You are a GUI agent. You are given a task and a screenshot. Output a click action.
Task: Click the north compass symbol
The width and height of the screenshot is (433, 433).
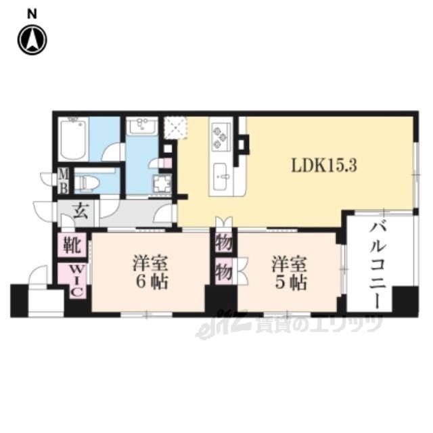point(32,40)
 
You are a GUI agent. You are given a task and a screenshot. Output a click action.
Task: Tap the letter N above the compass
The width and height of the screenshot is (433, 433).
point(32,14)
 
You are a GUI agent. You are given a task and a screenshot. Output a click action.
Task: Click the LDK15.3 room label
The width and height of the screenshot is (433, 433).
point(325,166)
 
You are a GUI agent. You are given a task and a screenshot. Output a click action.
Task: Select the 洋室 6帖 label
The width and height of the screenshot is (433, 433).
point(150,272)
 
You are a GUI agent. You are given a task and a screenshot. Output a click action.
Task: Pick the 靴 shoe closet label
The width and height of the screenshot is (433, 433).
point(72,245)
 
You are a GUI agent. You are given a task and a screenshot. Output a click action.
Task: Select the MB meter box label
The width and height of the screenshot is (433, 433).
point(64,181)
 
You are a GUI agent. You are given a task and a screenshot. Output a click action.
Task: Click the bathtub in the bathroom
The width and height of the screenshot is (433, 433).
point(74,139)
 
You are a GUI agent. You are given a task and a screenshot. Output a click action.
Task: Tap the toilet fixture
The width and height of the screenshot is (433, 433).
point(87,182)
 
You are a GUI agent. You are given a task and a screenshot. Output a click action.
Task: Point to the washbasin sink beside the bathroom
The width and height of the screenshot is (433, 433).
point(142,126)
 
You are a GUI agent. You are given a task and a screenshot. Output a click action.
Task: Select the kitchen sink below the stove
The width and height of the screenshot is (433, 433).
point(221,176)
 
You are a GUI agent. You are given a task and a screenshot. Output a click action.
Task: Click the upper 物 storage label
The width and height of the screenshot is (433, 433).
point(224,244)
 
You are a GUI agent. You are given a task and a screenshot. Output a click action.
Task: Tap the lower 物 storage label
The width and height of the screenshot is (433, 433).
point(224,272)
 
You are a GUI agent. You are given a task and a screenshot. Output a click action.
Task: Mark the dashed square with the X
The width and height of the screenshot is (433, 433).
point(176,128)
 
